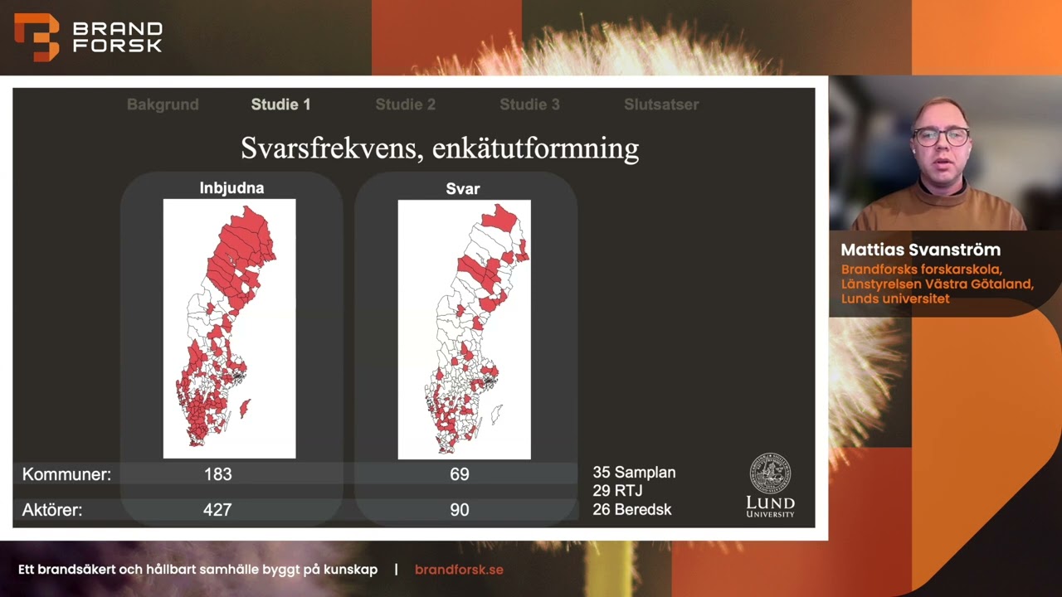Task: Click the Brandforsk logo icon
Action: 37,37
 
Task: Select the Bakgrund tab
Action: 163,104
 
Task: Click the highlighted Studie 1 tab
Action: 280,104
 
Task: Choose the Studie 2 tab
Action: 405,104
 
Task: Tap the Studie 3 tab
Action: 529,104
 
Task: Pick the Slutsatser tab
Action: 661,104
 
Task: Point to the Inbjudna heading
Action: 231,188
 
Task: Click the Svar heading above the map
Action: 463,189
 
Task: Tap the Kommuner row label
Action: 66,474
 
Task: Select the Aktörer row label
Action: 52,510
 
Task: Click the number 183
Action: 217,474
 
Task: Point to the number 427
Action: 217,510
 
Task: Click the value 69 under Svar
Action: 459,474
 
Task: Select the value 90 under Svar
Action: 459,510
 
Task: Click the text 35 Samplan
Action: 634,473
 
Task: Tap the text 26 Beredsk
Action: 631,509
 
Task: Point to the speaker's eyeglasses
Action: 942,136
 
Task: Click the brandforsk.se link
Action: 459,570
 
